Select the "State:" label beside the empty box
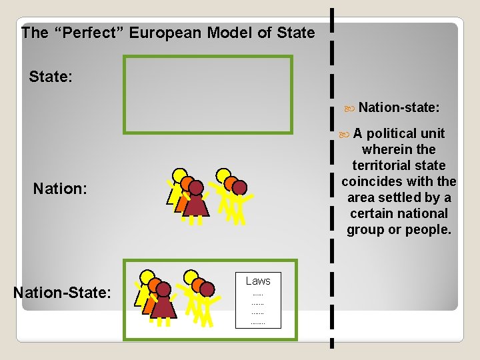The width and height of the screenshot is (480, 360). (51, 77)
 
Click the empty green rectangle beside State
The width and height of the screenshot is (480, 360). (208, 95)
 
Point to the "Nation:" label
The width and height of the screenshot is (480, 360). (60, 189)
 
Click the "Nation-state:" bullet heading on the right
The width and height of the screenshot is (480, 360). (399, 107)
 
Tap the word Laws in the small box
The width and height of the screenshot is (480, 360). (258, 281)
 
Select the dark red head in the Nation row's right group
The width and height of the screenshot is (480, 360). (239, 188)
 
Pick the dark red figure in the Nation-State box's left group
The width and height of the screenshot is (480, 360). (163, 304)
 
